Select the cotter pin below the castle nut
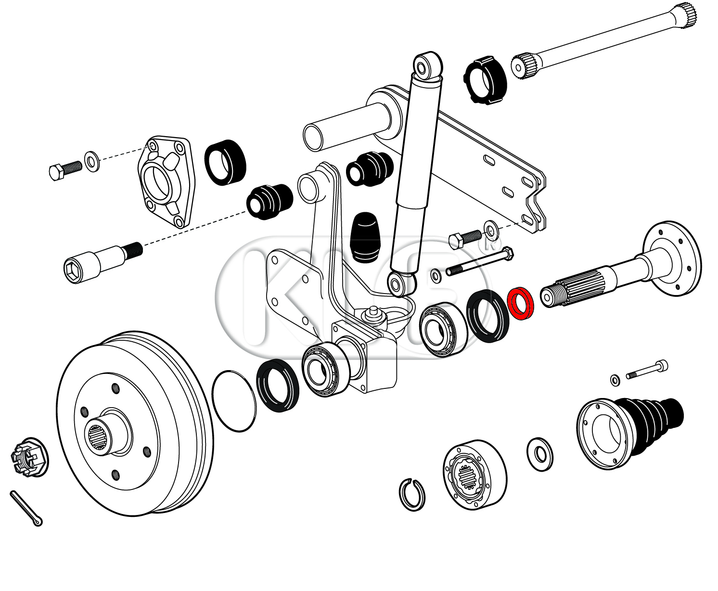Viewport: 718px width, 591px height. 26,508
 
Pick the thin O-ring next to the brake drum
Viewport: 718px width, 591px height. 234,401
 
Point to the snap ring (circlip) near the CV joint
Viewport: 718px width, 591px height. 412,494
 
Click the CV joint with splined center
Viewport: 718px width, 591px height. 474,474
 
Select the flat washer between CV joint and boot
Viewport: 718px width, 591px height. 540,453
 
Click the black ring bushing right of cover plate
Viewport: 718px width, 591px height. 225,161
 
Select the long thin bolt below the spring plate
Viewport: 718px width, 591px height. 479,262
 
